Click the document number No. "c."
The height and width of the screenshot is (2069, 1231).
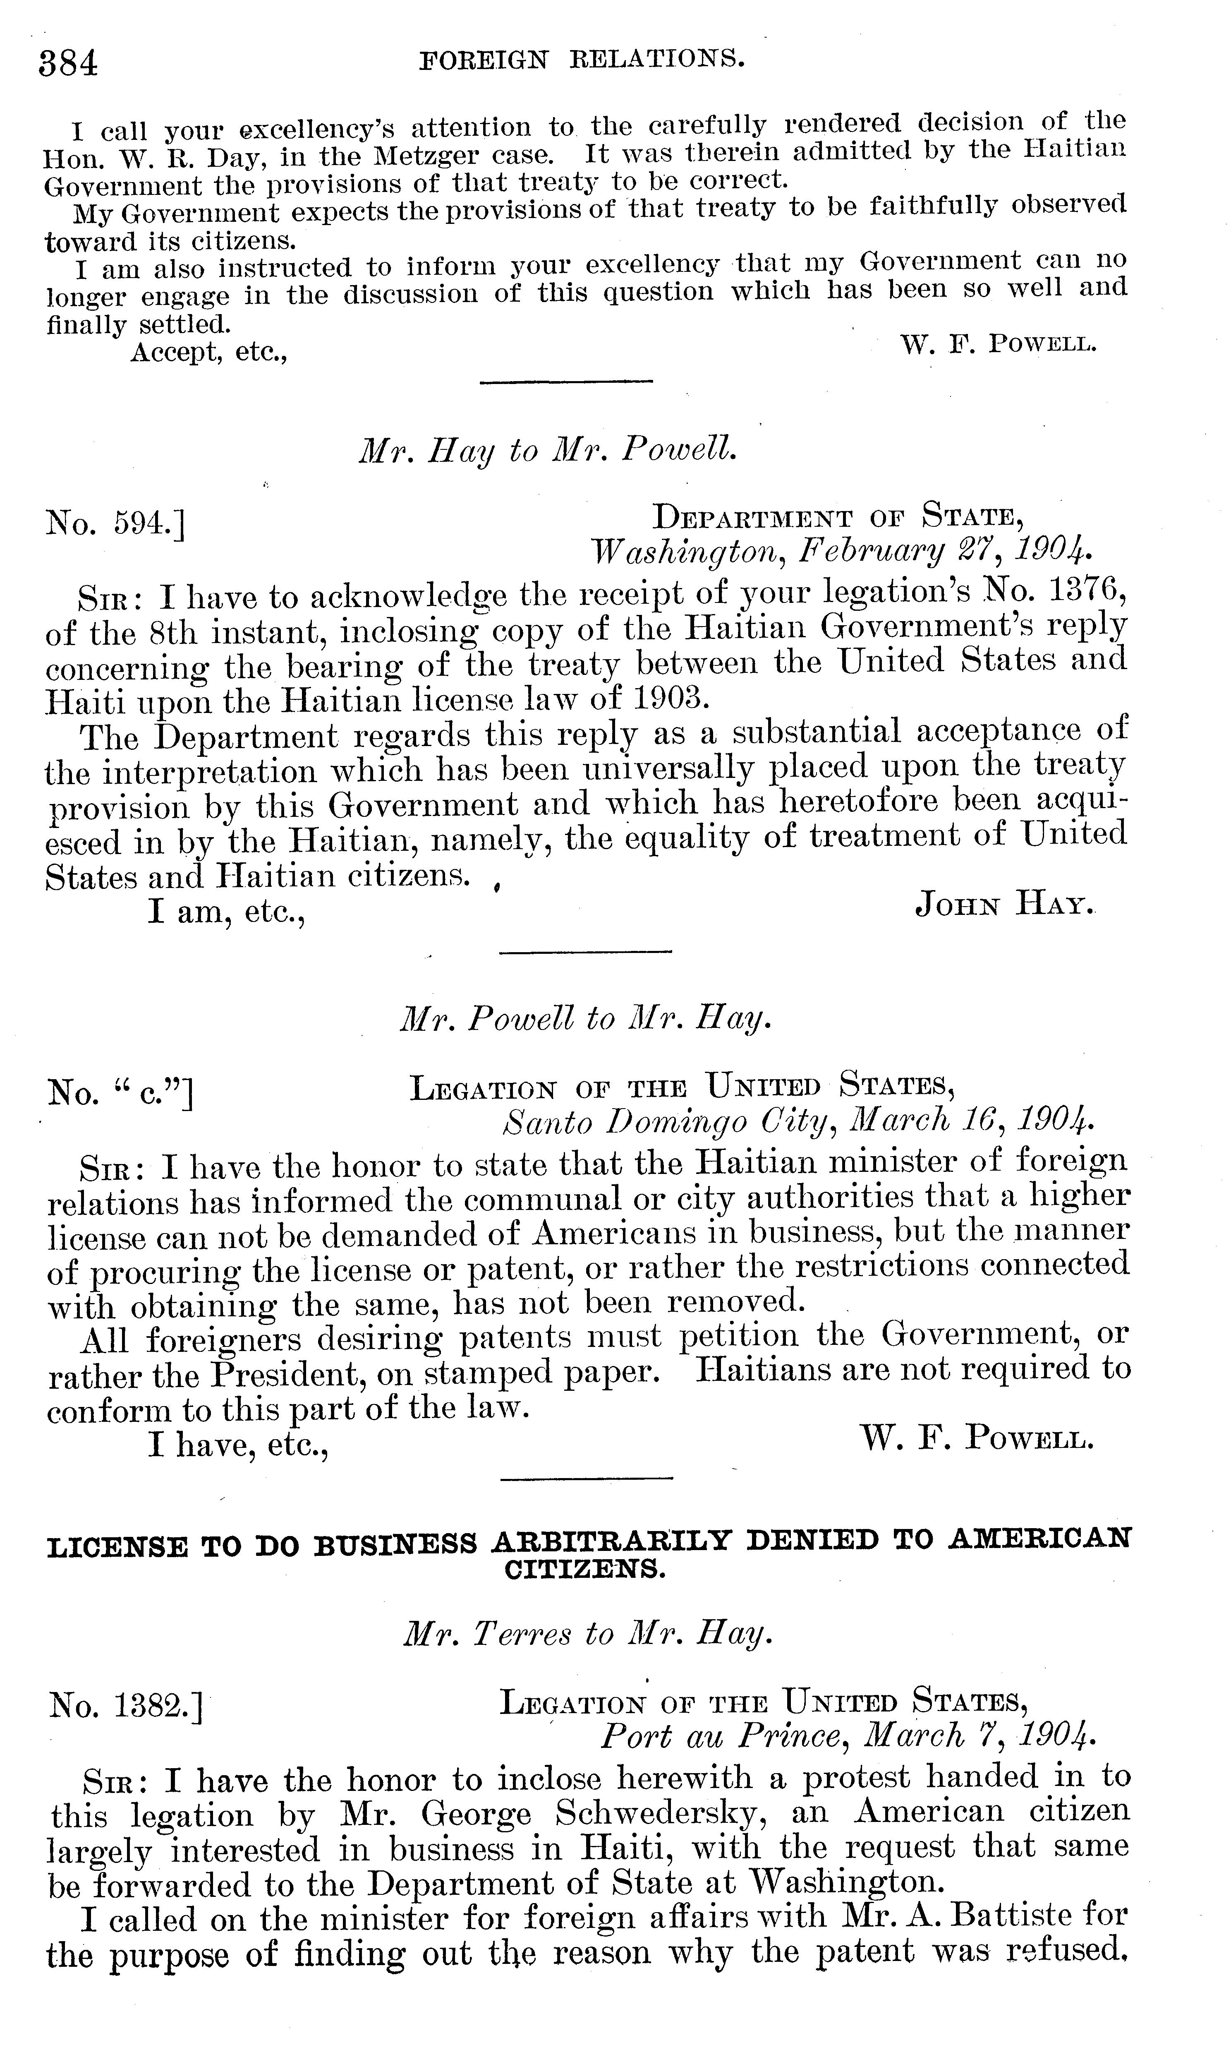(120, 1092)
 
